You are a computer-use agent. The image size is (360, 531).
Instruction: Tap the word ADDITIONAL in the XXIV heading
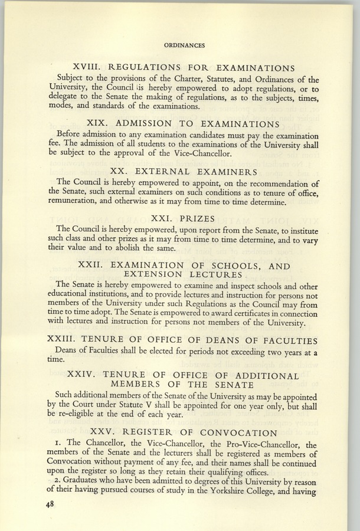261,375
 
